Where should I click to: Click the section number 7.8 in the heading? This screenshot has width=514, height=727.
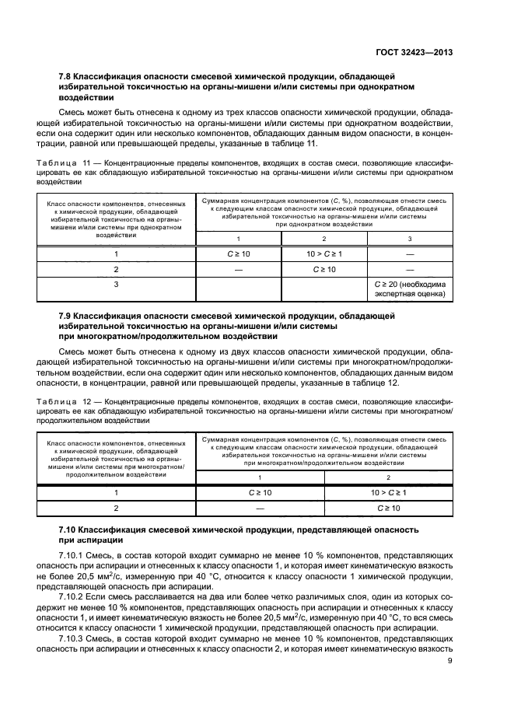[x=68, y=76]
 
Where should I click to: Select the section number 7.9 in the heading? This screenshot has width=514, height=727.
[x=68, y=316]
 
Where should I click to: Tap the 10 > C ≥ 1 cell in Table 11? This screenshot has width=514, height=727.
[x=323, y=253]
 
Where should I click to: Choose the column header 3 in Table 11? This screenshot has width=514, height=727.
[x=410, y=238]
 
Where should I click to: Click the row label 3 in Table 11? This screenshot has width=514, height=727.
[x=116, y=285]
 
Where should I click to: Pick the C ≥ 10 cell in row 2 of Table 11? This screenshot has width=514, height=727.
[x=323, y=269]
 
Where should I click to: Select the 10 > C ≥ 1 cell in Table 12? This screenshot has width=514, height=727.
[x=389, y=493]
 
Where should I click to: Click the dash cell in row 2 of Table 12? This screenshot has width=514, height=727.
[x=260, y=509]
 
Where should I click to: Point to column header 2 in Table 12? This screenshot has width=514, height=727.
[x=389, y=477]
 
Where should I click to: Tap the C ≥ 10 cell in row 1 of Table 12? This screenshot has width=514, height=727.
[x=260, y=493]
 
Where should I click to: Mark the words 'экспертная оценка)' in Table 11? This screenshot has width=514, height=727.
[x=409, y=295]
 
